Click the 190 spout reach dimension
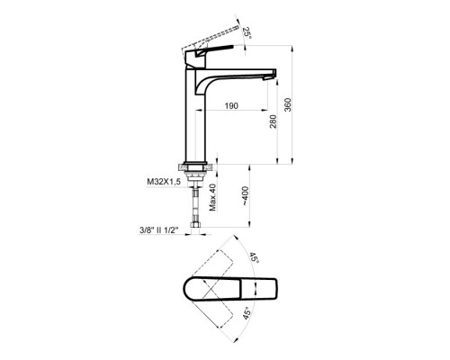coord(231,105)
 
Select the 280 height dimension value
coord(273,121)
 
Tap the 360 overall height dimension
coord(288,104)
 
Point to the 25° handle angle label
coord(247,33)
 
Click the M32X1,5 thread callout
coord(164,182)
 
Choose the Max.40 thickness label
coord(212,197)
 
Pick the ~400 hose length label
coord(246,196)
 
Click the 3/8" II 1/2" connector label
coord(159,230)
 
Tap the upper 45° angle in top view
coord(254,258)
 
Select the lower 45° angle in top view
coord(247,313)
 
